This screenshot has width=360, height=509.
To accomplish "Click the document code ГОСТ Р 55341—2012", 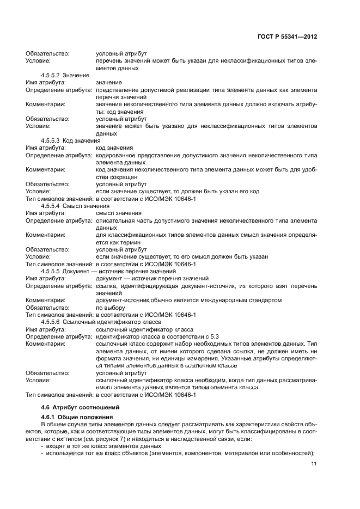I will coord(287,36).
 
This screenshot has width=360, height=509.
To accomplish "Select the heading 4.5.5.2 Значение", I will coord(61,75).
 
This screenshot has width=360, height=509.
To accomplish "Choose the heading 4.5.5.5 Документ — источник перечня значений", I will coord(108,271).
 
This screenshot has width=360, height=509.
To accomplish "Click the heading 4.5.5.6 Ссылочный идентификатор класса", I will coord(95,322).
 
